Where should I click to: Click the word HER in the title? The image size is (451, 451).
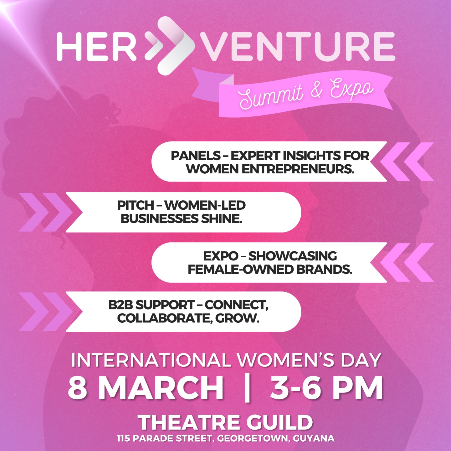click(x=96, y=46)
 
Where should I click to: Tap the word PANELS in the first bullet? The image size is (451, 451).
click(x=196, y=156)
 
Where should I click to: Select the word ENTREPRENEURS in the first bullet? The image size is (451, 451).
click(x=298, y=169)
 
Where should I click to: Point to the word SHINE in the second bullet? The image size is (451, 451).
click(x=222, y=219)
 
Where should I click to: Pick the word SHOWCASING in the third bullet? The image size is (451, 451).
click(x=292, y=256)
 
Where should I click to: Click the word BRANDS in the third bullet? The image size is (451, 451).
click(x=324, y=269)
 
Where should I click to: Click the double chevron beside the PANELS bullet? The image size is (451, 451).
click(x=407, y=162)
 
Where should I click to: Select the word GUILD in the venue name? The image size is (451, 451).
click(x=280, y=422)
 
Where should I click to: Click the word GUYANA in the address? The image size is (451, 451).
click(x=314, y=439)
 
